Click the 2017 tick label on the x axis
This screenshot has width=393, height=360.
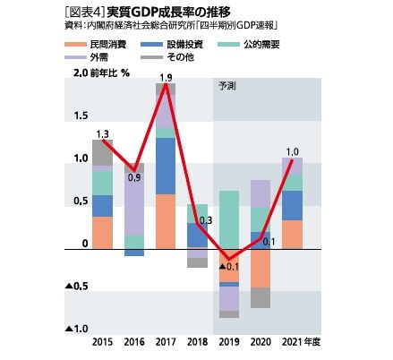click(165, 343)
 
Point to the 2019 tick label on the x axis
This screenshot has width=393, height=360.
click(229, 343)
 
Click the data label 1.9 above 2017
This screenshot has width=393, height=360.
click(166, 78)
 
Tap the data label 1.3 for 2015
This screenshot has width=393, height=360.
click(102, 133)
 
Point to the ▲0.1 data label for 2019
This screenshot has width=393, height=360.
click(229, 267)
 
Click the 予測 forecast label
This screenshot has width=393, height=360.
click(227, 87)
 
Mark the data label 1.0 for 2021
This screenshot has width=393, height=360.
click(292, 151)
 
